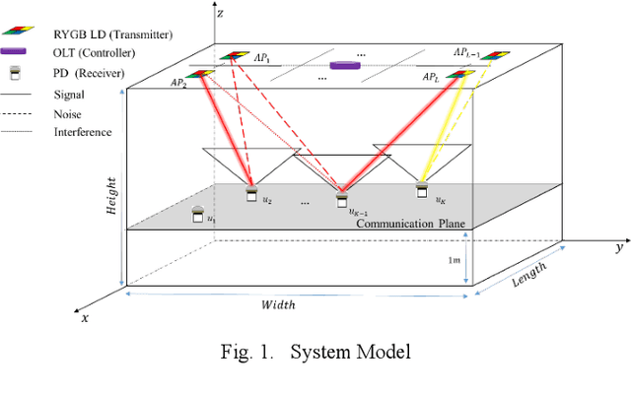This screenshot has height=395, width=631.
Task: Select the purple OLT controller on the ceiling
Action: tap(344, 65)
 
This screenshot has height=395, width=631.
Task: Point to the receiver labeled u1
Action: tap(199, 214)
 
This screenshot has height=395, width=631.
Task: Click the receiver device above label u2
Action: tap(251, 189)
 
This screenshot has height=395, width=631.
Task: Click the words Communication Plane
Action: tap(411, 224)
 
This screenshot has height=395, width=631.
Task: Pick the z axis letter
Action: tap(224, 13)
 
